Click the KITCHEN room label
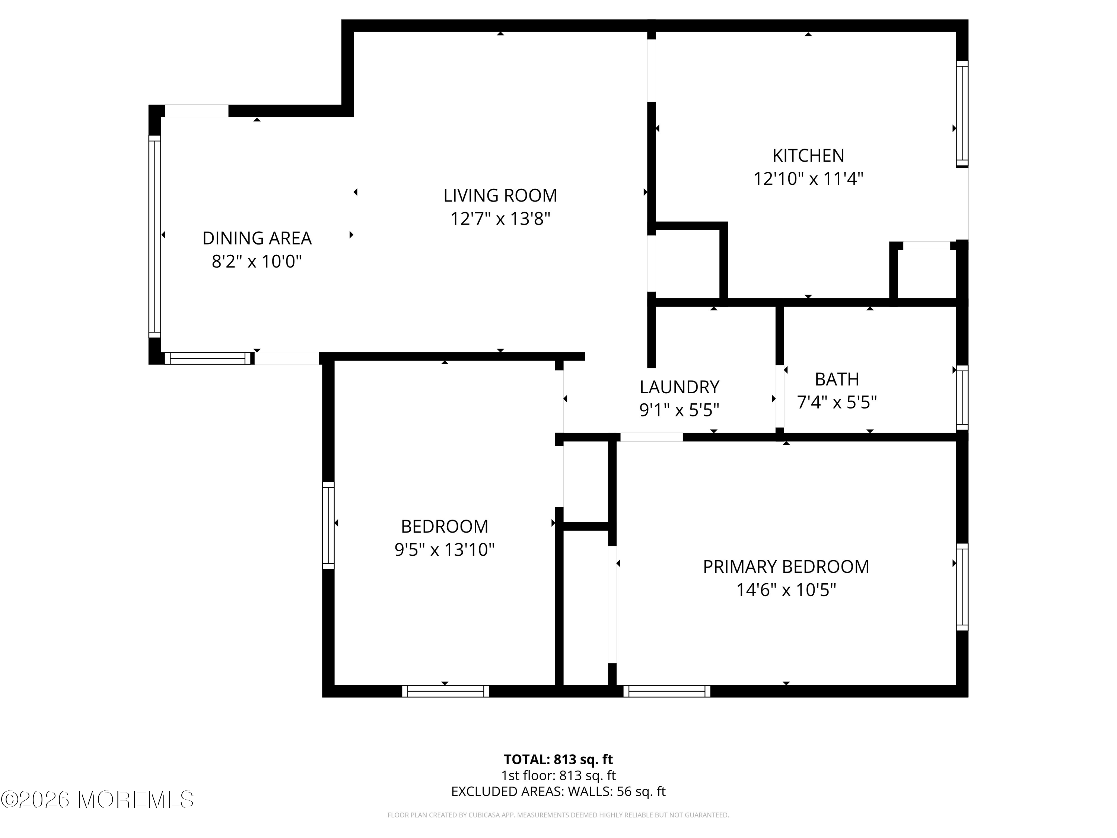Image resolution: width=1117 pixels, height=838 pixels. tap(808, 156)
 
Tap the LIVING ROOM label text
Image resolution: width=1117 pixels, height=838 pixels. tap(500, 196)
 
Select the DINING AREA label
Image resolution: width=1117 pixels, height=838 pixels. tap(257, 238)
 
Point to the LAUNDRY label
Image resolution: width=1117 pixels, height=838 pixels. tap(679, 387)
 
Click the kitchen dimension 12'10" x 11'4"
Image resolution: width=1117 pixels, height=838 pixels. tap(808, 179)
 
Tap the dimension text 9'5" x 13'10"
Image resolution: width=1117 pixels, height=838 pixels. tap(444, 550)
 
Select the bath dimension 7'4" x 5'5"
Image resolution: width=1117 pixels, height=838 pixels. tap(837, 403)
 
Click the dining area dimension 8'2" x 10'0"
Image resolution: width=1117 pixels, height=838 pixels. tap(257, 262)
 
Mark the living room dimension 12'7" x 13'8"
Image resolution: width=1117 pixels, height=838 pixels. tap(500, 219)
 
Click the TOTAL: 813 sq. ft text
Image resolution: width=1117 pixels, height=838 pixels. tap(558, 759)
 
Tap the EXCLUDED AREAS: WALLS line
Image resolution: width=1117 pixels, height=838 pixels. tap(558, 791)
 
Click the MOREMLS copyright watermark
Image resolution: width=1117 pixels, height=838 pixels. tap(97, 800)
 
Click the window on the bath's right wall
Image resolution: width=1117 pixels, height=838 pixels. tap(962, 397)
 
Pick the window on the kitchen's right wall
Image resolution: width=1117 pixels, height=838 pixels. tap(962, 114)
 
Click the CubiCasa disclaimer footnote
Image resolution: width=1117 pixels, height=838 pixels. tap(558, 815)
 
